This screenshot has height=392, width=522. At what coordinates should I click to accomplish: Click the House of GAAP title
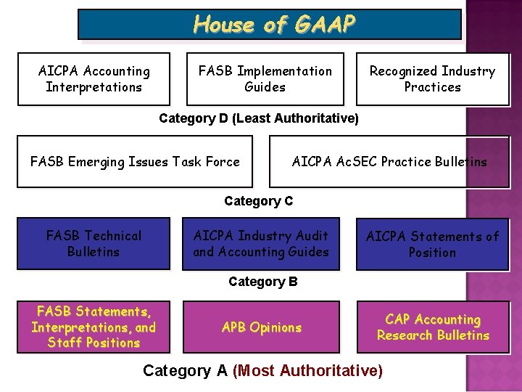point(274,25)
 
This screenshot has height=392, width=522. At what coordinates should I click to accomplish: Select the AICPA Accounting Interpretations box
point(94,79)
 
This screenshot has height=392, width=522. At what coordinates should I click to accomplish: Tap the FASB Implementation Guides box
point(265,79)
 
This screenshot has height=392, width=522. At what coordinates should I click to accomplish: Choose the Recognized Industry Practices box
point(432,79)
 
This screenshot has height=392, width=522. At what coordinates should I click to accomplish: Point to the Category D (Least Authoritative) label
point(259,118)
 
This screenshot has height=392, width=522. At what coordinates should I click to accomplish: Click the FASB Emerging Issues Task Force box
point(135,162)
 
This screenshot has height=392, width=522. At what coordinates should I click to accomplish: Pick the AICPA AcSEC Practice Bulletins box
point(389,162)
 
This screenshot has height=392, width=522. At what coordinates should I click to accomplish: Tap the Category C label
point(259,201)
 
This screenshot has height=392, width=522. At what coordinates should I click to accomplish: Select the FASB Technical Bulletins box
point(94,244)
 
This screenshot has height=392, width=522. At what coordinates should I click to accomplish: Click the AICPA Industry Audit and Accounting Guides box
point(261,244)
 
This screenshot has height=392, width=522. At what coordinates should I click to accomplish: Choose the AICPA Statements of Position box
point(432,244)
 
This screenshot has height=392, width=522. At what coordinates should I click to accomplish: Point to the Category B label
point(262,282)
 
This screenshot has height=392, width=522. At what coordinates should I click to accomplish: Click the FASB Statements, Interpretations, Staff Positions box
point(94,327)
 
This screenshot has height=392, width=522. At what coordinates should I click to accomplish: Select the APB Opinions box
point(261,327)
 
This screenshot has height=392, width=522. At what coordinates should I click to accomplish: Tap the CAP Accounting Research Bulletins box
point(433,327)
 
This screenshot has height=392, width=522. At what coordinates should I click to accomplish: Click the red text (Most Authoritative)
point(307,371)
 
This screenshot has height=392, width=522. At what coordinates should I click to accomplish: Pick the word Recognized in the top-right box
point(400,71)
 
